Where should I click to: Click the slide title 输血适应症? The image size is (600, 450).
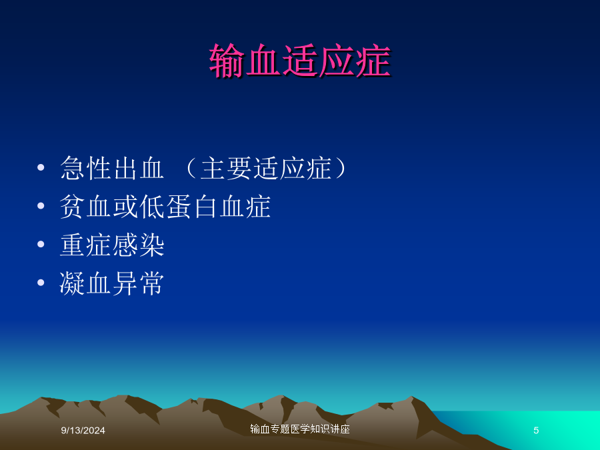tap(300, 61)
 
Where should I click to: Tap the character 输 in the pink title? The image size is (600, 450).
tap(227, 61)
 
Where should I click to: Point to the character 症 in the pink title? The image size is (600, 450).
tap(373, 61)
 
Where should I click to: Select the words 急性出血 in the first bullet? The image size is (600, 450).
tap(112, 168)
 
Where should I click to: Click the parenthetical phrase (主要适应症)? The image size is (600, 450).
tap(266, 168)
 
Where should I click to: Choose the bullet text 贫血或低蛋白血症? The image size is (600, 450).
tap(165, 206)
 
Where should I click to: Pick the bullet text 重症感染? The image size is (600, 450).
tap(112, 245)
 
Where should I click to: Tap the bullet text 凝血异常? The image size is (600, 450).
tap(112, 283)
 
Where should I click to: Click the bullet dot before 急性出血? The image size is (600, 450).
tap(41, 167)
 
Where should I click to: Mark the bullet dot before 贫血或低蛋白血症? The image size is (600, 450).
tap(41, 206)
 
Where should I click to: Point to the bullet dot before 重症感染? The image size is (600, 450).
tap(41, 244)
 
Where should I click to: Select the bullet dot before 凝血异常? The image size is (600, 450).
tap(41, 283)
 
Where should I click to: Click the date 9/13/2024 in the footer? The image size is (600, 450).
tap(83, 431)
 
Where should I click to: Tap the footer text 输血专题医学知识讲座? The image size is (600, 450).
tap(300, 429)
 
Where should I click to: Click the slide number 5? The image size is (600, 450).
tap(536, 431)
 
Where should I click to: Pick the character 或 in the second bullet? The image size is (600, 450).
tap(125, 206)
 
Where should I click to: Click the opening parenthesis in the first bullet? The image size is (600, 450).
tap(191, 168)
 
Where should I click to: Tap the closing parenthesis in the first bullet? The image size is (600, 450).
tap(341, 168)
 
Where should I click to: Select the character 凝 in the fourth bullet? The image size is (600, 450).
tap(72, 283)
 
